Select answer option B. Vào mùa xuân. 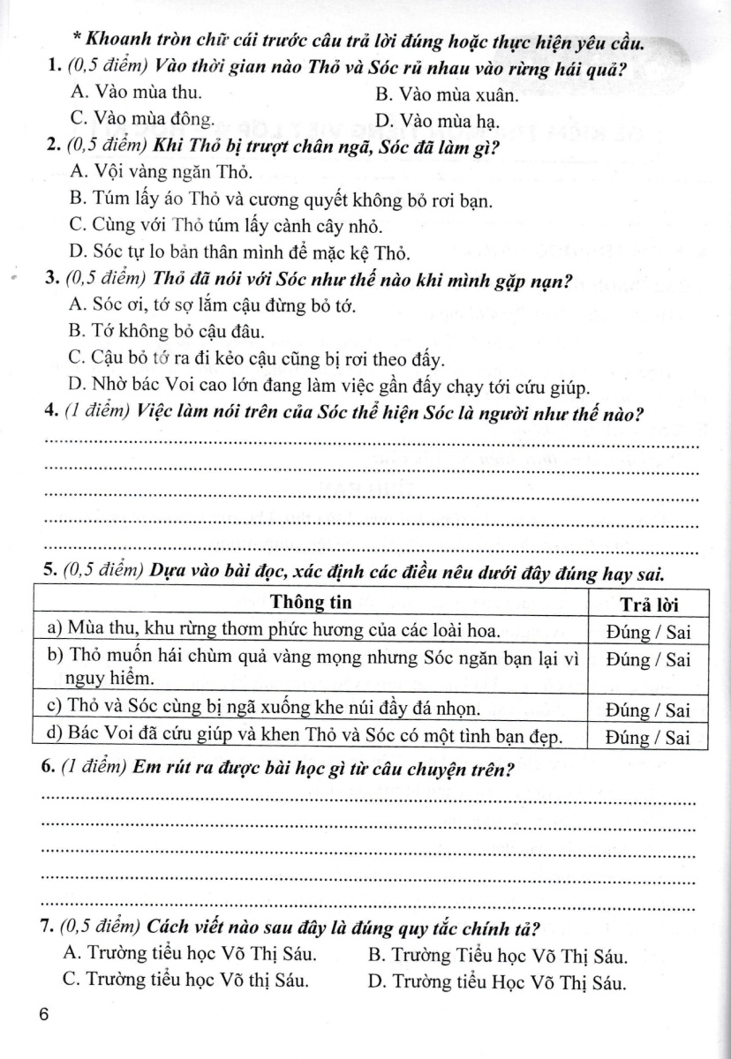446,94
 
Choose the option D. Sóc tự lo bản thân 238,254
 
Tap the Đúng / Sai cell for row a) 649,630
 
